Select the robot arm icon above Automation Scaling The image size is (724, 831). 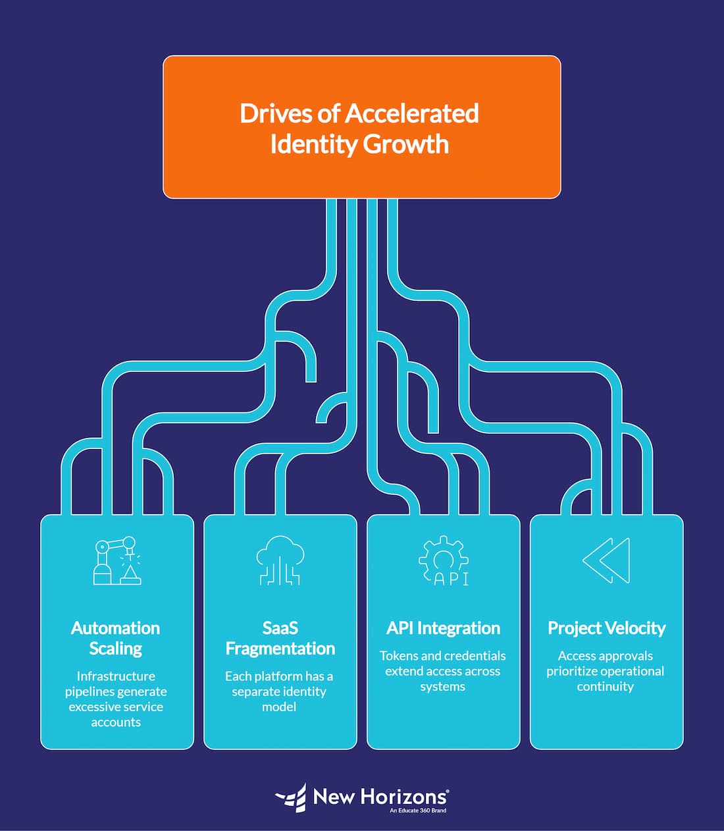click(x=116, y=560)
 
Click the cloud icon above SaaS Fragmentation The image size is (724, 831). click(x=280, y=560)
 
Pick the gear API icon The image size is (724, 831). click(x=444, y=561)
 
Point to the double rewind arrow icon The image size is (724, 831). click(x=607, y=560)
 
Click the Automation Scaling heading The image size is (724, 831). click(x=116, y=638)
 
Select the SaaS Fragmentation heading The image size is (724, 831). click(x=280, y=638)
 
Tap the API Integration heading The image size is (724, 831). click(x=443, y=628)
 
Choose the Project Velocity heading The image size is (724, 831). click(x=606, y=628)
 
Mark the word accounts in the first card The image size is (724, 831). click(x=116, y=722)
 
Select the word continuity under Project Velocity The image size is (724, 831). click(x=606, y=686)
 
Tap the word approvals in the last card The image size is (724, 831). click(x=622, y=656)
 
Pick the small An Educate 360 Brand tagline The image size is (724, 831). click(x=417, y=811)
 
